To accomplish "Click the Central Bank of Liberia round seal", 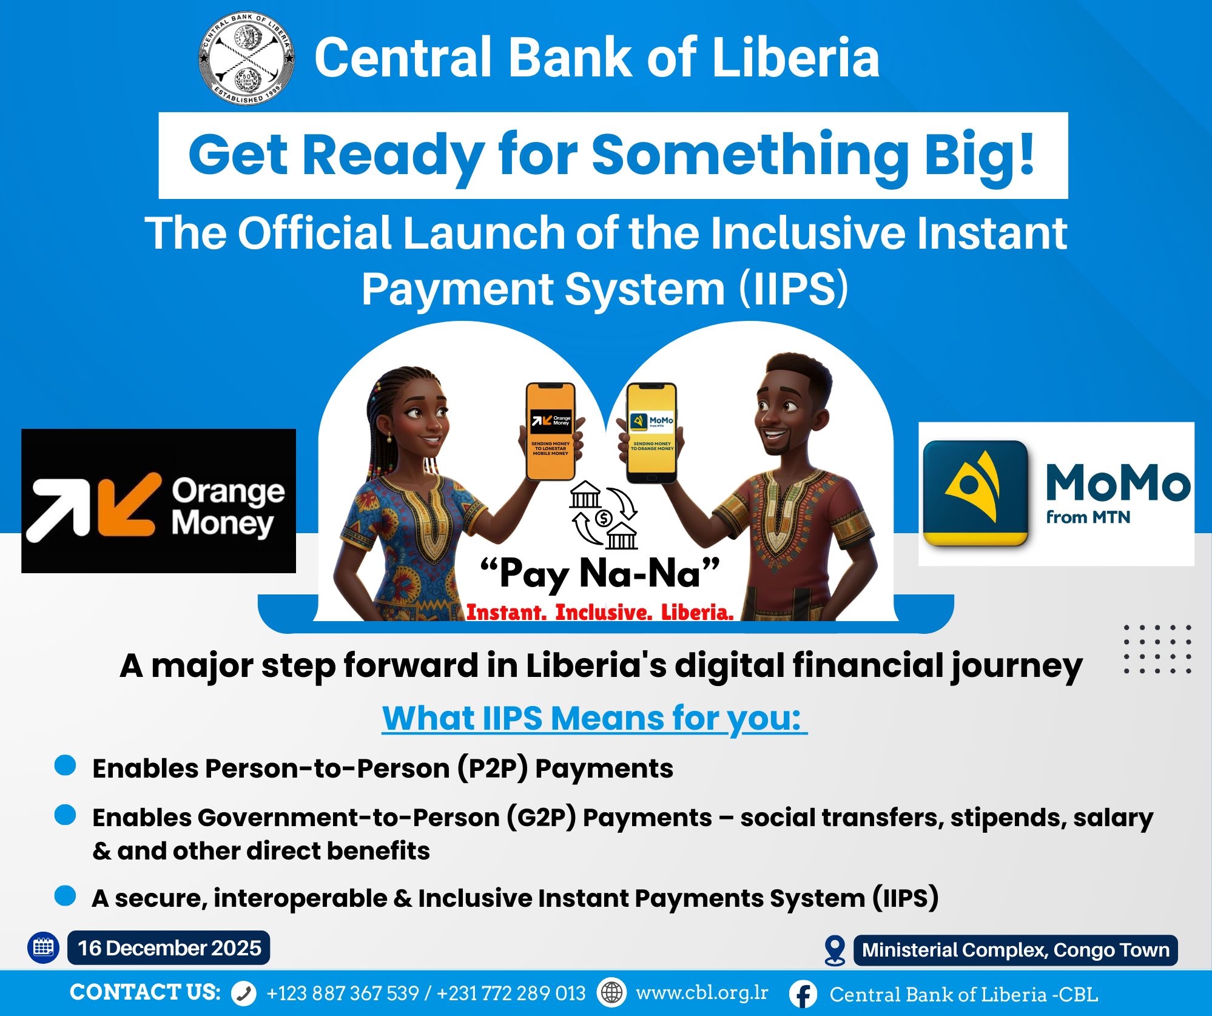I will point(247,58).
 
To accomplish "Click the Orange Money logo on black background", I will point(158,501).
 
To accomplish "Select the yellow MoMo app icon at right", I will point(975,493).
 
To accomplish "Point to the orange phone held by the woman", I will point(550,431).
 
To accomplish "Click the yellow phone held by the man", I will point(651,432).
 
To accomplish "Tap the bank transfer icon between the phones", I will point(604,515).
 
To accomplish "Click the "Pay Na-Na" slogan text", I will point(599,573).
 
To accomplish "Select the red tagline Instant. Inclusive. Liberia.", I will point(599,612).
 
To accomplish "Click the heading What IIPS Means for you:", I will point(594,718).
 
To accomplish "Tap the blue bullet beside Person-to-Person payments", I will point(65,765).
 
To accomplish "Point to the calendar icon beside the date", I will point(43,947).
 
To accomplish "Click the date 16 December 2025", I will point(169,948).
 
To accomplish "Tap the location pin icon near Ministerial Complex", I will point(835,950).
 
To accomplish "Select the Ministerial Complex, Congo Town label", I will point(1015,950).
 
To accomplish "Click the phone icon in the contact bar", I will point(244,994).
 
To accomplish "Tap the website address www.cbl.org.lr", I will point(702,992).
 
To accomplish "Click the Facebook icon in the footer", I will point(804,994).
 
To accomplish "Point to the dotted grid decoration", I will point(1157,649).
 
